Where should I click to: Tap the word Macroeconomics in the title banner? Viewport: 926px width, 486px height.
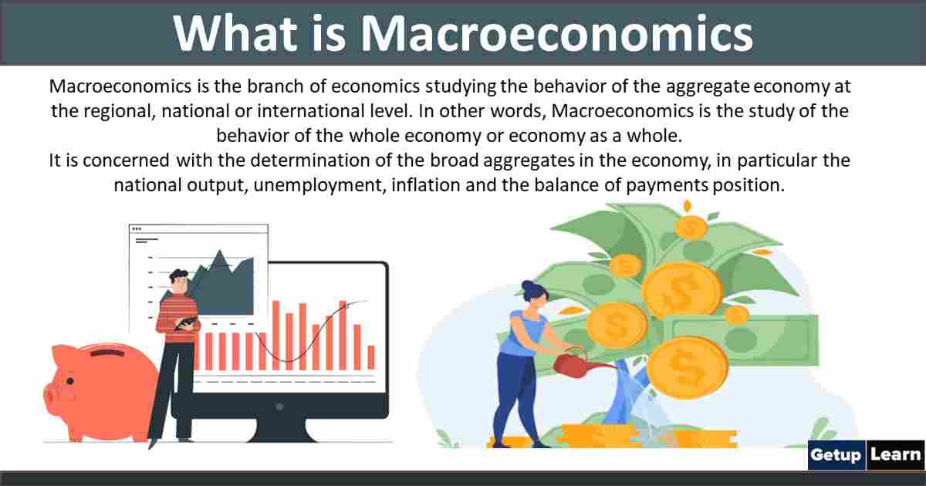556,34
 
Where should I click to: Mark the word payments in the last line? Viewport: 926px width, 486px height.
667,186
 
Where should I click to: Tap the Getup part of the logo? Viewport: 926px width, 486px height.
835,455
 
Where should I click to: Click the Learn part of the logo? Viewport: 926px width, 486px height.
895,455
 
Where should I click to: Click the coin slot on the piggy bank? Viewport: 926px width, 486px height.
104,353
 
